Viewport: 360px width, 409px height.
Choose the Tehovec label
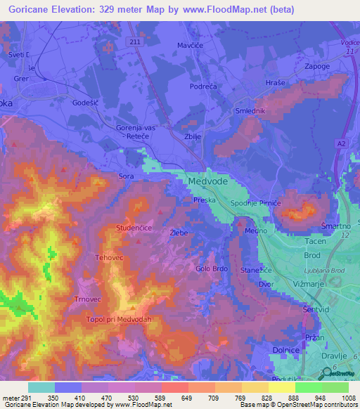pyautogui.click(x=110, y=258)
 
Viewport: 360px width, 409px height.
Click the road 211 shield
pyautogui.click(x=135, y=43)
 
